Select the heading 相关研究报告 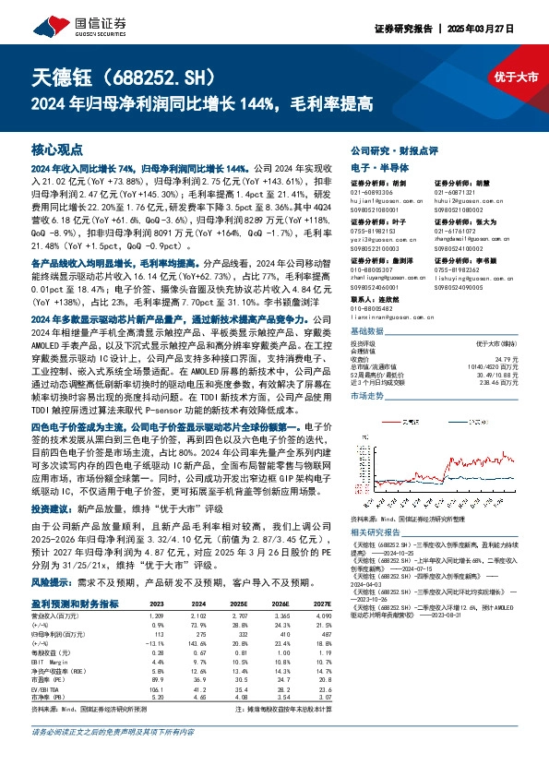click(x=374, y=532)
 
